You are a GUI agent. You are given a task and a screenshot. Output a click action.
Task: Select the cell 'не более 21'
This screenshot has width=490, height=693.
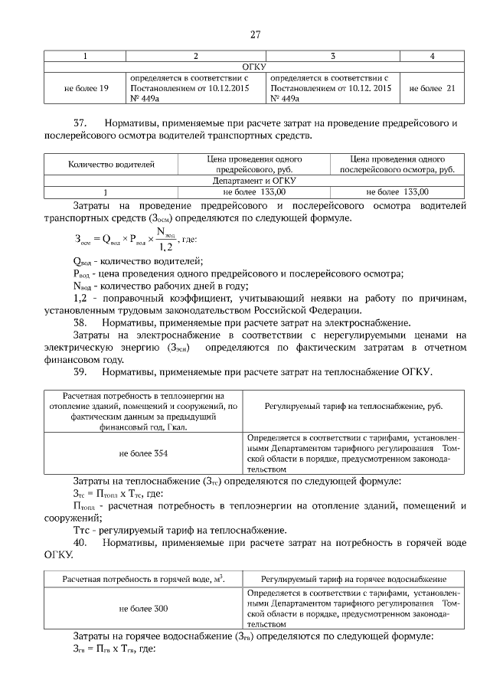[x=433, y=88]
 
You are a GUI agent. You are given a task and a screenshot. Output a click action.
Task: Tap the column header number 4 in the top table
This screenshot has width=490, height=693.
[x=433, y=56]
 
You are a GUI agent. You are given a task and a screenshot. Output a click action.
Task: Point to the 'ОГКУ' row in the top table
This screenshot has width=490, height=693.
[x=253, y=67]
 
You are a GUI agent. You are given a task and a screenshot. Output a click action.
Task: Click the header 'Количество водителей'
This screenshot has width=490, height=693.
[x=112, y=164]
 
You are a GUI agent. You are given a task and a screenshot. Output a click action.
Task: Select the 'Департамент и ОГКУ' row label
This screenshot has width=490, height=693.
[x=254, y=181]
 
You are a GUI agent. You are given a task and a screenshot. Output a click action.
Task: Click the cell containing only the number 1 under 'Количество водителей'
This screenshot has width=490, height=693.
[x=105, y=192]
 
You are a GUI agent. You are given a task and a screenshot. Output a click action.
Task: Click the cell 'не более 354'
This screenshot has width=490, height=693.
[x=143, y=453]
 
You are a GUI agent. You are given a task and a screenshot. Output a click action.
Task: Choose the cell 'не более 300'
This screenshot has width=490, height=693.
[x=143, y=608]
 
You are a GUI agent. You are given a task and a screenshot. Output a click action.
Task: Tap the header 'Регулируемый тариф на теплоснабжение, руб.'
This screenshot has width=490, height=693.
[x=354, y=406]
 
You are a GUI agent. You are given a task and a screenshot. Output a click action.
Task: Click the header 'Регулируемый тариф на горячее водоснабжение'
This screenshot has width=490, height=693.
[x=354, y=579]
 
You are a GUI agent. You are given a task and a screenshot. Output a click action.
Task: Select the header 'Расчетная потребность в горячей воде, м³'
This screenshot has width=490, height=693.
[x=143, y=579]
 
